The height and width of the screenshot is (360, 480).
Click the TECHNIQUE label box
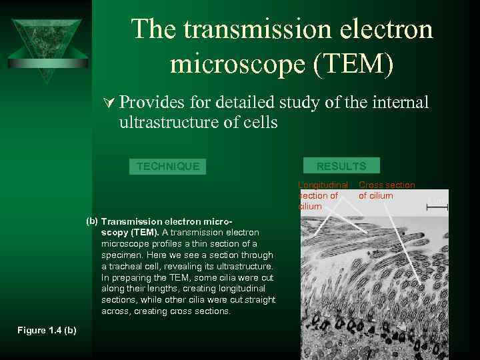point(167,166)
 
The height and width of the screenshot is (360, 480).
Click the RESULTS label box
point(341,166)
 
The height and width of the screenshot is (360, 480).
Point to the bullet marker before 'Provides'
point(110,103)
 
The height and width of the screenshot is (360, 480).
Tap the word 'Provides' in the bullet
point(153,103)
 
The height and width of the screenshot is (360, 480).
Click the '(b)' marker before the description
point(92,221)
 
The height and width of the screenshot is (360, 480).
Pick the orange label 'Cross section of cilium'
point(387,190)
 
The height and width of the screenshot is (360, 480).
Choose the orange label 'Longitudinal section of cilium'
point(323,195)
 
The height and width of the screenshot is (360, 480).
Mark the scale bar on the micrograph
point(437,208)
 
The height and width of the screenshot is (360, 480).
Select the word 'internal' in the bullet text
point(400,103)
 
